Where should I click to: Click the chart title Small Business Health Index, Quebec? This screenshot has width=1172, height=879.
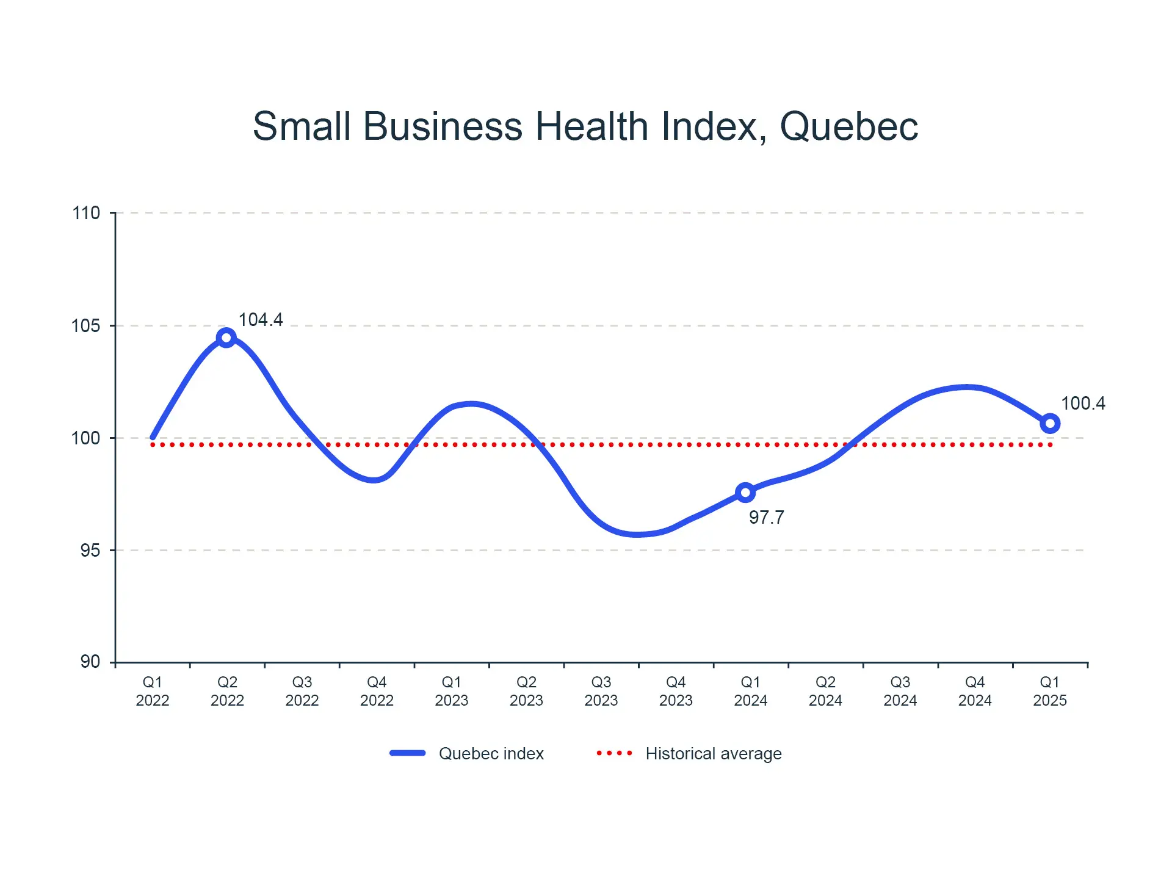point(585,126)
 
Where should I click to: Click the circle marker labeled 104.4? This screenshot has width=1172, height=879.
point(226,338)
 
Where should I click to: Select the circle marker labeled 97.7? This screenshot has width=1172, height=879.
point(745,493)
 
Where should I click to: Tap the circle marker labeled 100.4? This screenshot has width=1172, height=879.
point(1050,423)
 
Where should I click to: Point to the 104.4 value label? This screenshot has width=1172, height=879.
point(261,320)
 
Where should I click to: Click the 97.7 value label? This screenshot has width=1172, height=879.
point(766,518)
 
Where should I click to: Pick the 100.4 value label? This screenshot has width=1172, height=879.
point(1083,403)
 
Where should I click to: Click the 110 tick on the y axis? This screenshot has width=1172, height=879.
point(86,213)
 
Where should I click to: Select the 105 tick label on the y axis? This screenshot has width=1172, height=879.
point(86,326)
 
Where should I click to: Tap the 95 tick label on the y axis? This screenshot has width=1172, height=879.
point(90,551)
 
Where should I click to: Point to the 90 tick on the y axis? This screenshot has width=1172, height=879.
point(90,662)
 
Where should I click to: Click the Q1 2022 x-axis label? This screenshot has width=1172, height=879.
point(153,691)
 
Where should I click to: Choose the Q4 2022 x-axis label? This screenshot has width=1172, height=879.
point(377,691)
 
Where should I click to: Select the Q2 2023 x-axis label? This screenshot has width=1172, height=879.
point(526,691)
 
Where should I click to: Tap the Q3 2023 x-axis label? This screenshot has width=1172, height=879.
point(601,691)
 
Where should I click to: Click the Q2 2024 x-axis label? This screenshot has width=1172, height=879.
point(825,691)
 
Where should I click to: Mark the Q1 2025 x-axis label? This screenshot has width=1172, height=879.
point(1050,691)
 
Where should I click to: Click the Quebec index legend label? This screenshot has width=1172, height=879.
point(491,754)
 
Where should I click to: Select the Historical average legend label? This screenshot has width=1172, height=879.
point(714,754)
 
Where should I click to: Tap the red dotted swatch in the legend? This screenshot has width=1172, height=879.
point(614,753)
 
